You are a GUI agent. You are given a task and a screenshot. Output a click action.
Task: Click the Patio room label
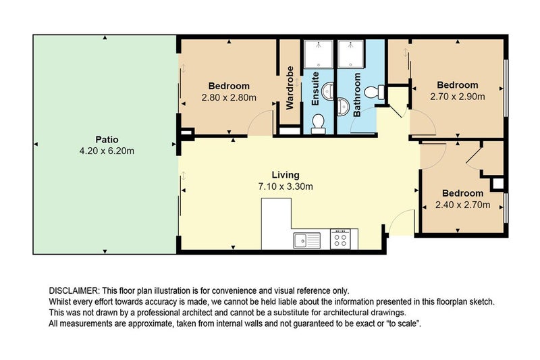(x=103, y=140)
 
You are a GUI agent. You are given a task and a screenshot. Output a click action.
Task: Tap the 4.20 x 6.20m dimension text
(x=103, y=151)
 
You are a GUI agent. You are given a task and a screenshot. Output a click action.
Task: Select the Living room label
(x=285, y=175)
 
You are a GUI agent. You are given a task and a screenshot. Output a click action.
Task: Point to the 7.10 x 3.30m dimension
(x=285, y=186)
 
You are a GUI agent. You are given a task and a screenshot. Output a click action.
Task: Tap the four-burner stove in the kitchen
(x=340, y=239)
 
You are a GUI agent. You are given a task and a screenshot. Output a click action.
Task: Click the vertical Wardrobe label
(x=290, y=88)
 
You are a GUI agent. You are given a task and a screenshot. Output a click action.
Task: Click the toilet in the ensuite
(x=319, y=122)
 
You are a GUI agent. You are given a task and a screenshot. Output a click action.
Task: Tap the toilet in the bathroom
(x=375, y=91)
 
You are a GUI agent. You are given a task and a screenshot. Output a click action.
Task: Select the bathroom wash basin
(x=344, y=106)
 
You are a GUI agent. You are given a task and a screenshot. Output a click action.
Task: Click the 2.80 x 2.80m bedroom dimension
(x=229, y=97)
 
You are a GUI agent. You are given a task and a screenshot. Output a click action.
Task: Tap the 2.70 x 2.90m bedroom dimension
(x=457, y=96)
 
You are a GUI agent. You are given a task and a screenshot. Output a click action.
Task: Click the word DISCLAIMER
(x=74, y=290)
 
